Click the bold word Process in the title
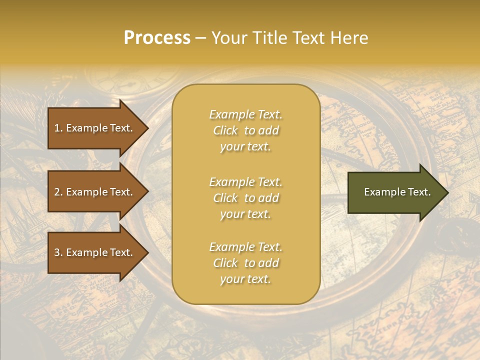coord(157,38)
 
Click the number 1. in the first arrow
coord(58,128)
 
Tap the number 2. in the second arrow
coord(58,192)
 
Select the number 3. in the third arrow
coord(58,252)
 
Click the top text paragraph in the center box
coord(245,130)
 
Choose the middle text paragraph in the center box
coord(245,198)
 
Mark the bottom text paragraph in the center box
coord(245,263)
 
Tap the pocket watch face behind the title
coord(132,75)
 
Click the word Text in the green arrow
coord(419,192)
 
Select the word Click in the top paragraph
coord(225,130)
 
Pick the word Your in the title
coord(228,38)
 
